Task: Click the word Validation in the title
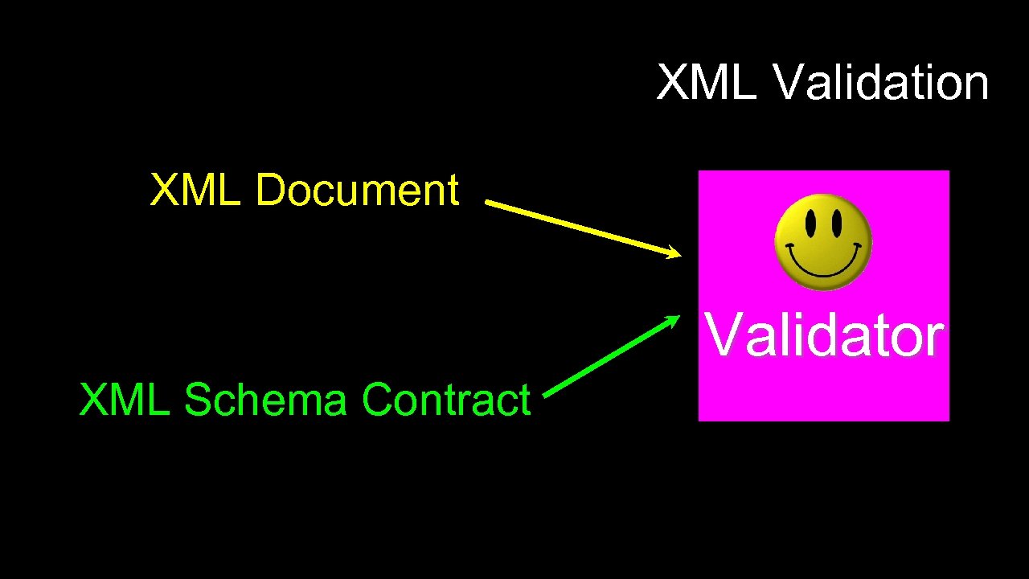(x=881, y=83)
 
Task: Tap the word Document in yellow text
(x=357, y=191)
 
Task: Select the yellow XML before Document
(x=195, y=191)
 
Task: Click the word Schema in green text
(x=265, y=400)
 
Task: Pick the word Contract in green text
(x=446, y=400)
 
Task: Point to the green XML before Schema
(x=125, y=400)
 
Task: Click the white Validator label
(x=824, y=335)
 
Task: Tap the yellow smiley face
(x=822, y=241)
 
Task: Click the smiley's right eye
(x=837, y=221)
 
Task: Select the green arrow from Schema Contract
(x=611, y=355)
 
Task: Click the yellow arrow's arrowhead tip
(x=679, y=256)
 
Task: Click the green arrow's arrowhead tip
(x=679, y=316)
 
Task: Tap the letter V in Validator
(x=721, y=335)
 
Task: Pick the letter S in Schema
(x=199, y=400)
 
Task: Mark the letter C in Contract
(x=378, y=400)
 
